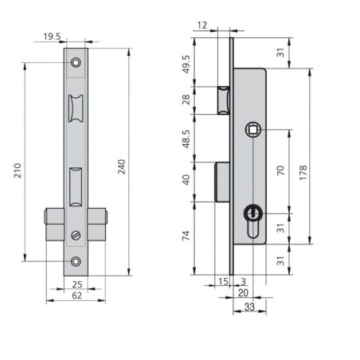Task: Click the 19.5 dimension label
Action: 52,37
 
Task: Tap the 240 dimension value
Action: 122,166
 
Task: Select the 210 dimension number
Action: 18,170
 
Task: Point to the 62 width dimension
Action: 77,295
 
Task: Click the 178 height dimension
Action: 303,173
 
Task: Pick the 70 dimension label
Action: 280,170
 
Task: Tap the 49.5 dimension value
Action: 186,65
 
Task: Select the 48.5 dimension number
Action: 186,139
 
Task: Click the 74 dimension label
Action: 186,236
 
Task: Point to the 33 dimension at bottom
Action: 249,307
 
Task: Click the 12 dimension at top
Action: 202,25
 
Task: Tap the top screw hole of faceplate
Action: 76,63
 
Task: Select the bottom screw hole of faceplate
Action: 76,261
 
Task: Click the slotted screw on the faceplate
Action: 76,236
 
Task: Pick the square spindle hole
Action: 253,130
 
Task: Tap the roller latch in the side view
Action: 224,100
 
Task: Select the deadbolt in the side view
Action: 222,182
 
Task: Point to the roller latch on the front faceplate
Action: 76,108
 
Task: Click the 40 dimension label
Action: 186,180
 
